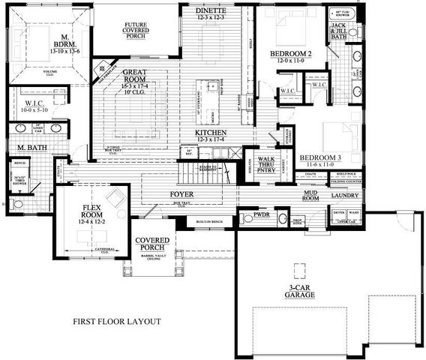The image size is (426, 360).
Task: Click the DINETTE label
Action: tap(211, 10)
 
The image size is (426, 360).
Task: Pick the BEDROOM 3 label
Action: tap(321, 158)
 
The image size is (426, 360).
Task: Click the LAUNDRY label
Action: tap(345, 196)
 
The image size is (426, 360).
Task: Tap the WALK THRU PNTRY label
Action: tap(266, 164)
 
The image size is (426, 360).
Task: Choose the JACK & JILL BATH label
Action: tap(339, 29)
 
